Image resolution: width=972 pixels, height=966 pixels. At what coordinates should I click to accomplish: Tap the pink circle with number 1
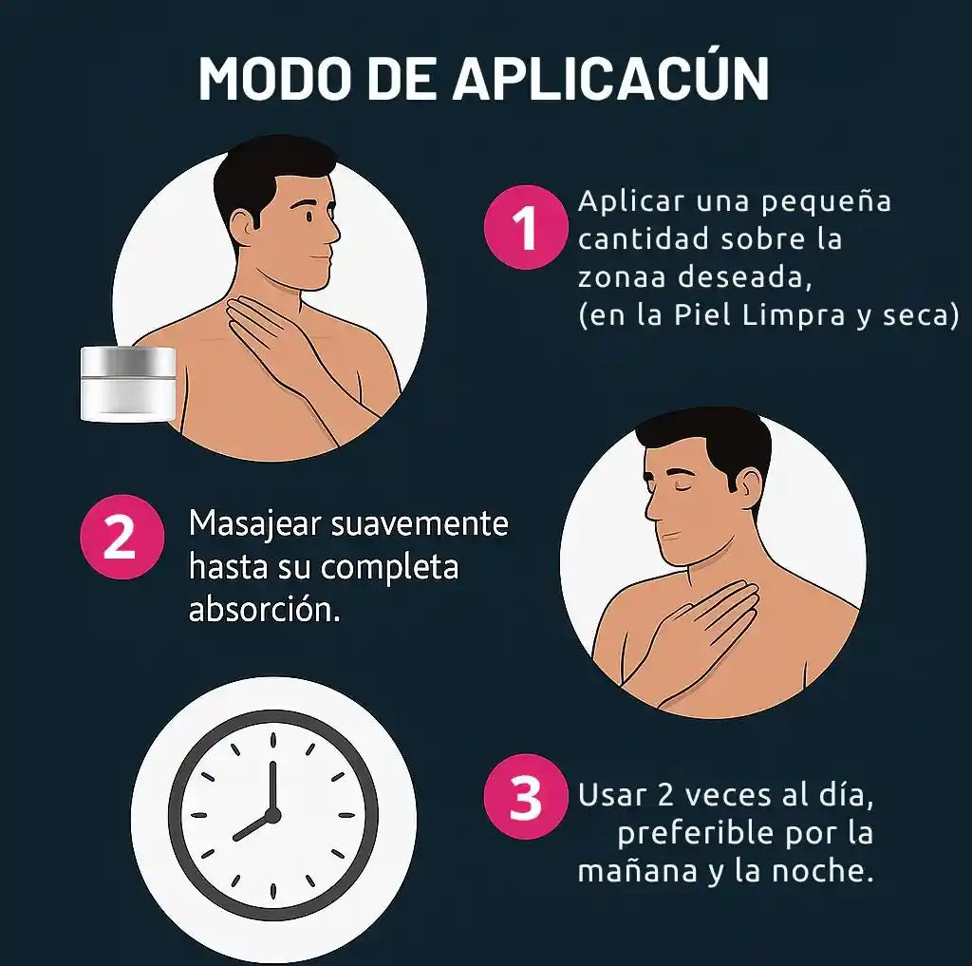click(x=526, y=227)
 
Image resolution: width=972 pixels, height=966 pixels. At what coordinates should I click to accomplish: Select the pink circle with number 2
click(x=122, y=536)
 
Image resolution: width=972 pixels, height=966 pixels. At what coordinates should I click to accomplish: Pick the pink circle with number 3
click(x=526, y=796)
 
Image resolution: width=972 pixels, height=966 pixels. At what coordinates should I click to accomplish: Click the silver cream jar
click(x=128, y=384)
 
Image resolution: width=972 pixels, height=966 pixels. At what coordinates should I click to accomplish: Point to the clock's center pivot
click(x=272, y=815)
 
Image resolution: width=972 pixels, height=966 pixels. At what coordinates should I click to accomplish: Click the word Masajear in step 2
click(x=254, y=523)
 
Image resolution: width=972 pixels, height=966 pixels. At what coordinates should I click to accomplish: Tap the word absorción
click(x=264, y=609)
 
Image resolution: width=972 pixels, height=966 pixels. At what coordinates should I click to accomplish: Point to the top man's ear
click(x=244, y=222)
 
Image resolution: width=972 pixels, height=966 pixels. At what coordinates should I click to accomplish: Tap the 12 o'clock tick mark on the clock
click(x=272, y=740)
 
